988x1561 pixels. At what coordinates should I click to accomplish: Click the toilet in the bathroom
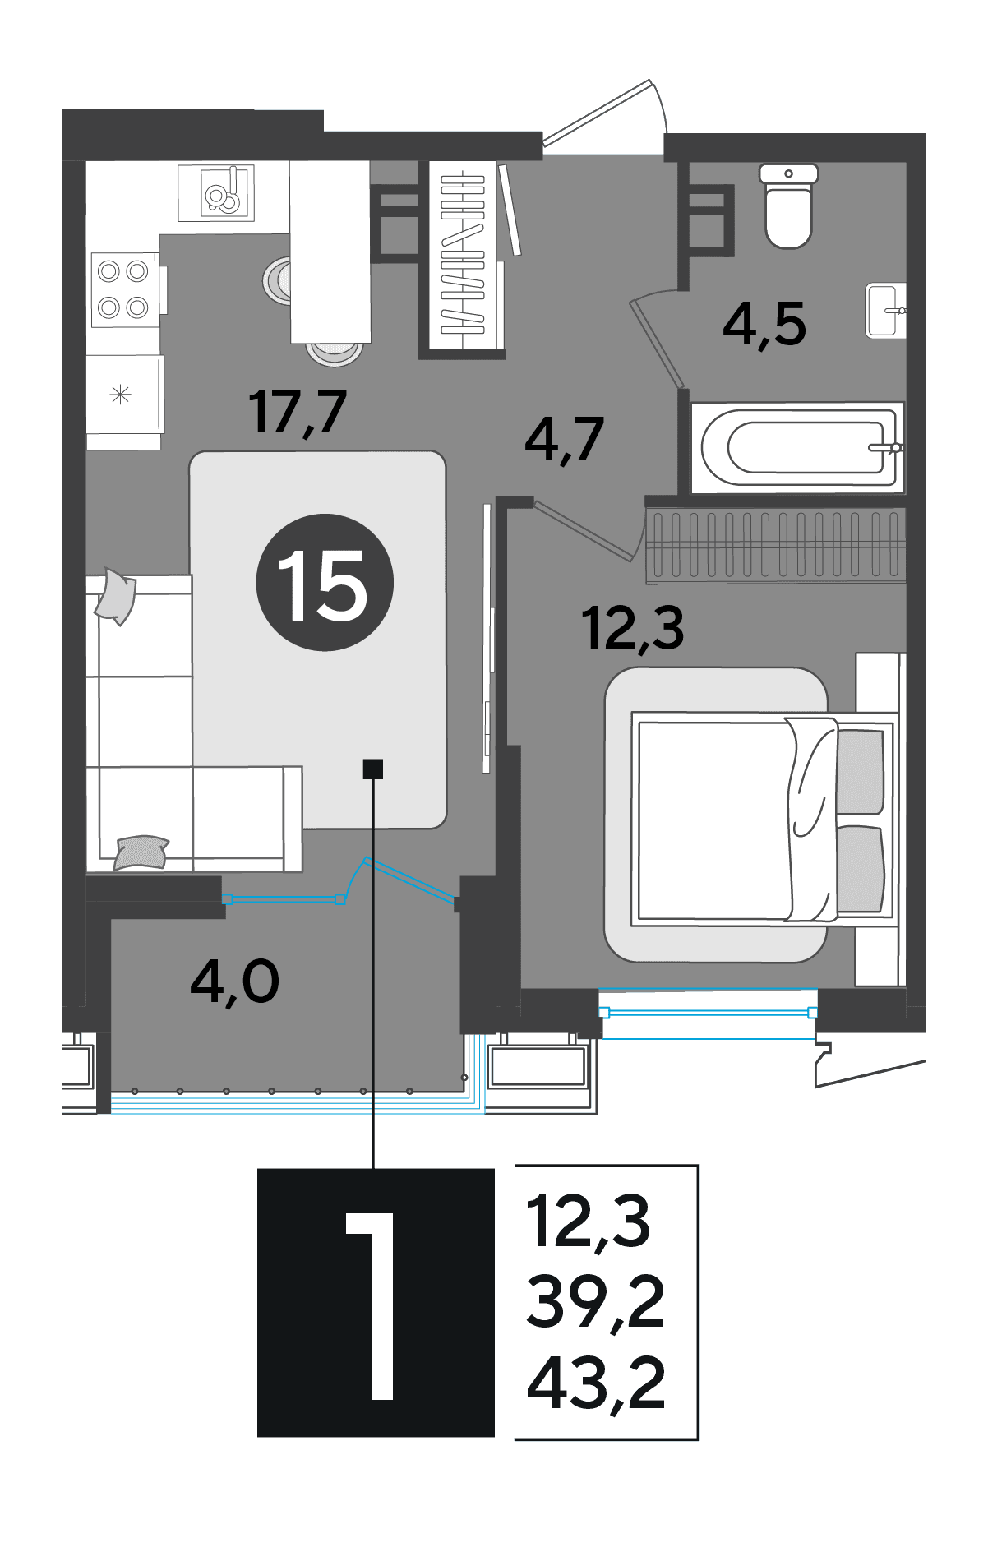(x=788, y=206)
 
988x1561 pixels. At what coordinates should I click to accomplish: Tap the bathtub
(x=797, y=448)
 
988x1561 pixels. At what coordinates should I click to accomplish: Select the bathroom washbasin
(x=885, y=310)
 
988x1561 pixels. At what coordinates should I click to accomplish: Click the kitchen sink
(x=217, y=192)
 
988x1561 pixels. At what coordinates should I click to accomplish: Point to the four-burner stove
(x=123, y=289)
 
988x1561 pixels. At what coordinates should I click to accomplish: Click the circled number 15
(x=325, y=583)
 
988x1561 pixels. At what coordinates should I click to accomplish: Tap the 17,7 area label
(x=298, y=412)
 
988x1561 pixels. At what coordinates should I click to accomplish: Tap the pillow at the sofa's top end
(x=116, y=596)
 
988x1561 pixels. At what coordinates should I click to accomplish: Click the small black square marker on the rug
(x=373, y=769)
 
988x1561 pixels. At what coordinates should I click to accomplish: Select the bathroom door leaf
(x=658, y=343)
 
